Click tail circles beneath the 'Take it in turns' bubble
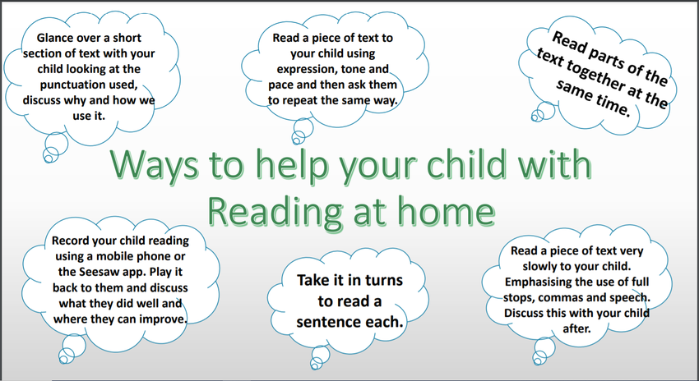coord(320,357)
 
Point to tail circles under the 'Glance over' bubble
coord(55,147)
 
